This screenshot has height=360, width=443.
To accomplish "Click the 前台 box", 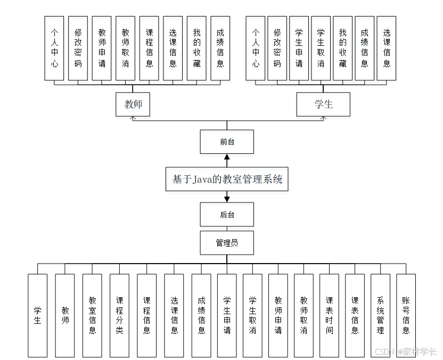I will (x=227, y=142).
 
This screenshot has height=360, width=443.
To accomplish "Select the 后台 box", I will (x=227, y=215).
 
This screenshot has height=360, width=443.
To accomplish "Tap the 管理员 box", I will (x=227, y=243).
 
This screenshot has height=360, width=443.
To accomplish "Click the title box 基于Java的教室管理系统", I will (x=227, y=179).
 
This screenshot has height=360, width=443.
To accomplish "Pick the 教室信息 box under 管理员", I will (x=92, y=315).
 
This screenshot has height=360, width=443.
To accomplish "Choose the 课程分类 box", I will (x=119, y=315).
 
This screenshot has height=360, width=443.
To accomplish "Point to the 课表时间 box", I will (x=329, y=315).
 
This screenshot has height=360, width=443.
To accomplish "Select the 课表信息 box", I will (x=355, y=315).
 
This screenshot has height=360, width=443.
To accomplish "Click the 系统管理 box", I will (x=380, y=315).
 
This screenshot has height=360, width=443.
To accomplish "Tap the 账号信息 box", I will (x=406, y=315).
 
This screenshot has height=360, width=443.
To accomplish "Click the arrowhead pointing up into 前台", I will (x=227, y=157).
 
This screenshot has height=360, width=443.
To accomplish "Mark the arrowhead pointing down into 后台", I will (x=227, y=199).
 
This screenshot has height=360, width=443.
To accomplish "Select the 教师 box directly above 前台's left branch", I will (x=133, y=104).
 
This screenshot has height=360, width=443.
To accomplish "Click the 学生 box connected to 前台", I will (x=323, y=104).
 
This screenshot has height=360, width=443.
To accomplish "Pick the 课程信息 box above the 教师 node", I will (x=149, y=48).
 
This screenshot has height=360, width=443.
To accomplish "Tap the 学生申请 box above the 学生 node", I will (x=299, y=48).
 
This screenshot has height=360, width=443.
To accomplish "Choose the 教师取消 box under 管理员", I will (x=303, y=315).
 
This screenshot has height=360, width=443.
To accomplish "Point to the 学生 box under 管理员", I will (x=37, y=315).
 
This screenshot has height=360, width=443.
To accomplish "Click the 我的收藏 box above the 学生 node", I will (x=342, y=48).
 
